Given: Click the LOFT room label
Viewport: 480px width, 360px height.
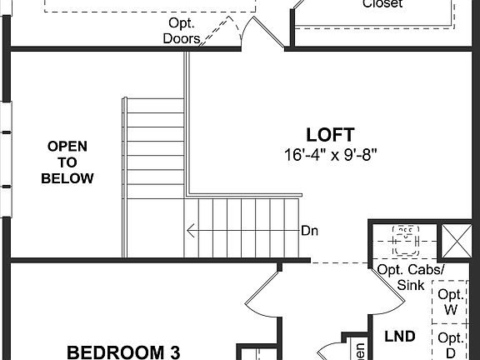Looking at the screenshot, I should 330,134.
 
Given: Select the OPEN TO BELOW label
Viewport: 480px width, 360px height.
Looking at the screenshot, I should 67,162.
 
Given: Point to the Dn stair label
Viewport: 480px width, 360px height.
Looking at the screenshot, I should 309,232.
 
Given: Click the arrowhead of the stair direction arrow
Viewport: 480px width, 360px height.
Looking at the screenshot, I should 191,232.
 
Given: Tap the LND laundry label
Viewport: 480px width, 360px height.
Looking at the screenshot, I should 399,336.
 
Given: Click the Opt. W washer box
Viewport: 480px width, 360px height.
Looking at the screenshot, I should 451,302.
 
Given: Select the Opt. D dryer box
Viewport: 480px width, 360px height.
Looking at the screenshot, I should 451,343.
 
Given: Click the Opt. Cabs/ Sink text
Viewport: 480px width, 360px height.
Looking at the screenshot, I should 410,277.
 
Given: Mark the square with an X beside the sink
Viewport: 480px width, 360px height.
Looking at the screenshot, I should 457,239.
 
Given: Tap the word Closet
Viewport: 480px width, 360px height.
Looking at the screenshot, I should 382,4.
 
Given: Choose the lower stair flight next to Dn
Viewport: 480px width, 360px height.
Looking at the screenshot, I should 242,229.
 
